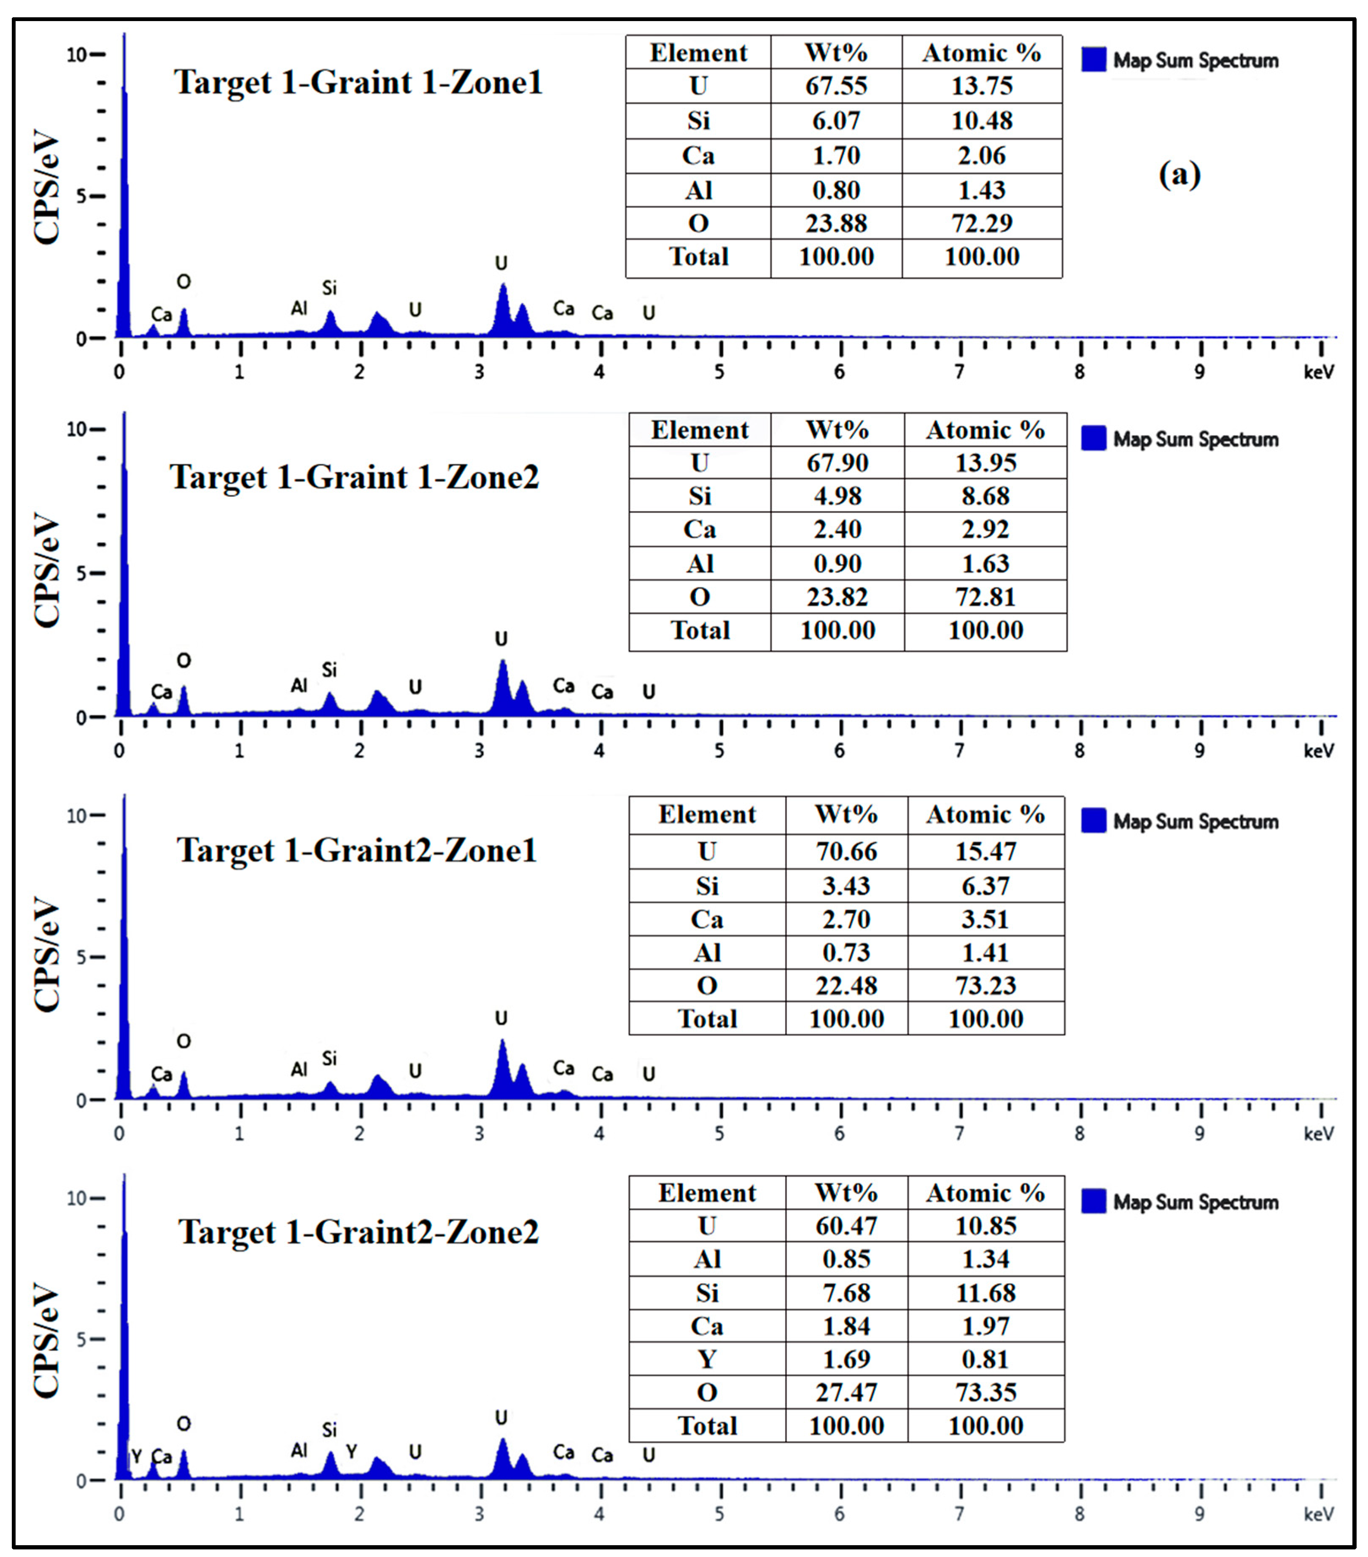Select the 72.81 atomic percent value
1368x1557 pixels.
[985, 597]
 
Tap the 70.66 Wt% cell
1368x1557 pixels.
[846, 851]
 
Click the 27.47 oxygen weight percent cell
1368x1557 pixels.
[846, 1393]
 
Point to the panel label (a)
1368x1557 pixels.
[1179, 175]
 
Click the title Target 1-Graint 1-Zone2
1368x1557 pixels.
[354, 478]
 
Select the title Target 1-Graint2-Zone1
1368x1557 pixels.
[356, 850]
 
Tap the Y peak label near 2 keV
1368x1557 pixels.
[351, 1451]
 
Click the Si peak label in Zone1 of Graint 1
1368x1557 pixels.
[329, 288]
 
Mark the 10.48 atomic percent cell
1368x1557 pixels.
[982, 120]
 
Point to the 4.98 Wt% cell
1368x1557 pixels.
[837, 496]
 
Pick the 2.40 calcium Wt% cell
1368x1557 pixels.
[837, 529]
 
